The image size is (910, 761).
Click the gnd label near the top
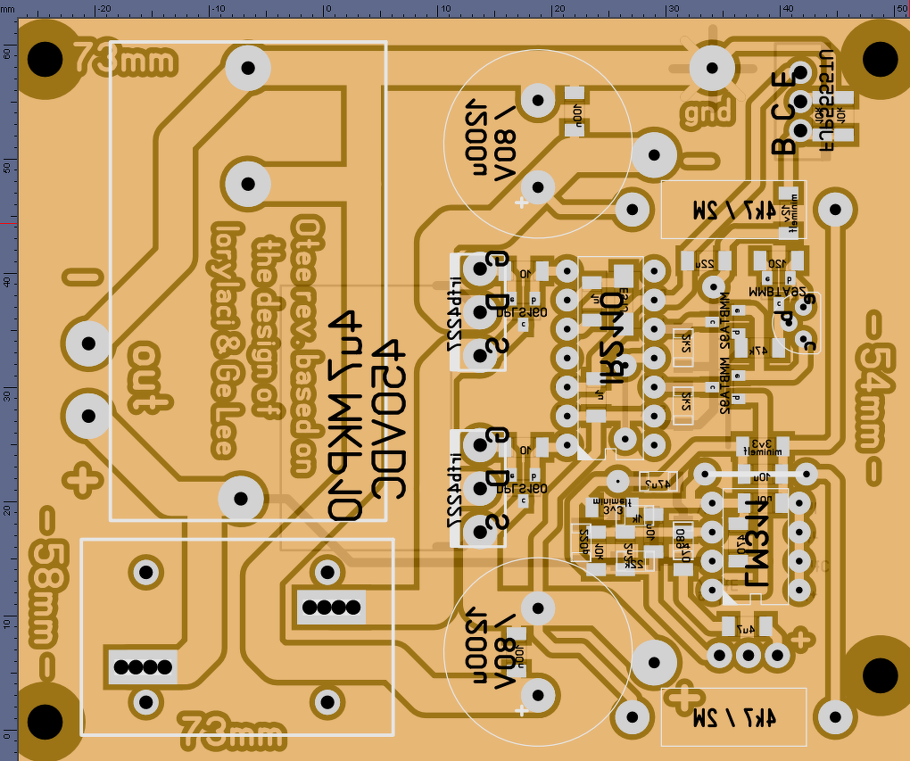[707, 112]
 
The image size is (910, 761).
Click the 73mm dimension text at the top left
[124, 61]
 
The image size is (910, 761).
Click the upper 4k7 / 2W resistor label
[731, 210]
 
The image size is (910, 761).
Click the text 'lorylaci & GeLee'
[227, 339]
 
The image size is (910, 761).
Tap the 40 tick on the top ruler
[787, 8]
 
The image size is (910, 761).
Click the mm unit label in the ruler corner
[8, 6]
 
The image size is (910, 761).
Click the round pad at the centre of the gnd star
[712, 65]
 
